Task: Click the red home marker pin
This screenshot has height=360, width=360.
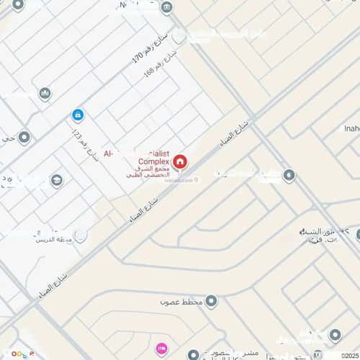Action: click(x=179, y=161)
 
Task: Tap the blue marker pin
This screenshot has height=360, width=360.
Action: click(x=77, y=114)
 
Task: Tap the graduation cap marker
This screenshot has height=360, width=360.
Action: click(x=56, y=180)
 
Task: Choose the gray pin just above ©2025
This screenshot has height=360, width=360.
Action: click(x=334, y=336)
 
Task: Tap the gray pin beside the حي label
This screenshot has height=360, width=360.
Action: click(x=24, y=137)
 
